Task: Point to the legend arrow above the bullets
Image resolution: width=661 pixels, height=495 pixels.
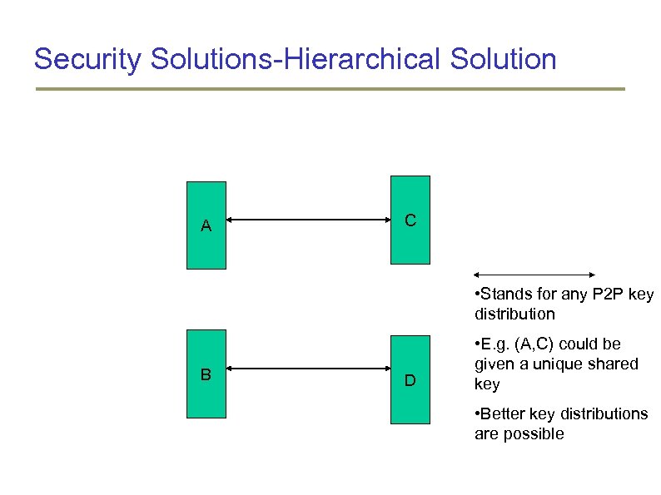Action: (534, 274)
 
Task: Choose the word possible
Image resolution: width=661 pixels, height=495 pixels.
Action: (536, 433)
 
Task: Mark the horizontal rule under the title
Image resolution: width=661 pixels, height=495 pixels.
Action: (330, 89)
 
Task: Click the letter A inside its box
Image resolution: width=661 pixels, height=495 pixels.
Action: (206, 225)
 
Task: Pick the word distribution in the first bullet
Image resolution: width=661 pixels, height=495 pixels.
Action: (514, 314)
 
